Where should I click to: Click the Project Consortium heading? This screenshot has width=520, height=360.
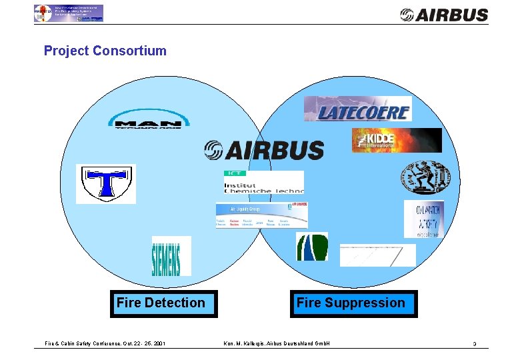[x=105, y=51]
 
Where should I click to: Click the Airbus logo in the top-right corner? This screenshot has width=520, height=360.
[x=443, y=14]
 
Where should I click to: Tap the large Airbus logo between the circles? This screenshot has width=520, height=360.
[x=264, y=150]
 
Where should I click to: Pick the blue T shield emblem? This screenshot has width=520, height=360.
[x=105, y=183]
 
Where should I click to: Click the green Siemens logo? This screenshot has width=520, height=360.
[x=171, y=256]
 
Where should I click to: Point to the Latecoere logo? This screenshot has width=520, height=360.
[x=357, y=109]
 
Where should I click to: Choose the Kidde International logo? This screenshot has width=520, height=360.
[x=397, y=141]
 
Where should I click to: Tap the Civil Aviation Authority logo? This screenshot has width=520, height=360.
[x=423, y=219]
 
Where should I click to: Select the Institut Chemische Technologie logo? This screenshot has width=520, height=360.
[x=263, y=182]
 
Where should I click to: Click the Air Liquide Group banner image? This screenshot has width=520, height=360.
[x=261, y=215]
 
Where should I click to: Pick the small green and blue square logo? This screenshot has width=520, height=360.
[x=312, y=247]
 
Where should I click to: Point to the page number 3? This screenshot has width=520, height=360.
[x=474, y=344]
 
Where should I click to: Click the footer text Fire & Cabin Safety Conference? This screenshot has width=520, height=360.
[x=105, y=344]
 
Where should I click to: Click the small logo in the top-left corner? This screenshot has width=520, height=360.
[x=68, y=13]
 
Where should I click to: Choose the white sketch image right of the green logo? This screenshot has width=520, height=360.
[x=377, y=255]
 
